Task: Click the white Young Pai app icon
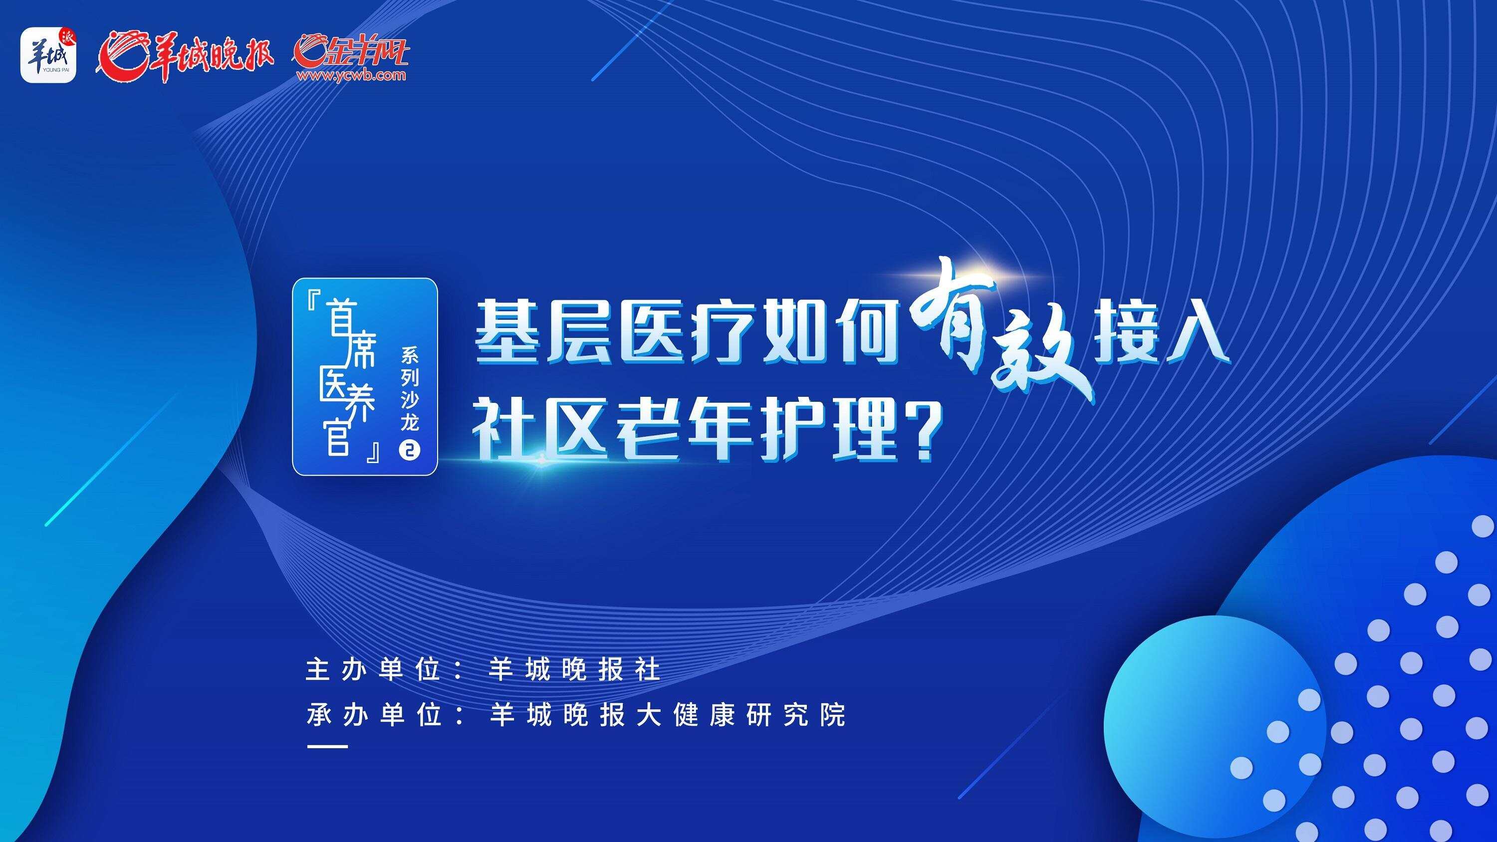pyautogui.click(x=48, y=55)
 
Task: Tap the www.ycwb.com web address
pyautogui.click(x=350, y=75)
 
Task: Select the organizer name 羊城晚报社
pyautogui.click(x=575, y=670)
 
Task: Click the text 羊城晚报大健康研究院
pyautogui.click(x=667, y=715)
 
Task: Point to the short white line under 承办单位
pyautogui.click(x=327, y=747)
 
